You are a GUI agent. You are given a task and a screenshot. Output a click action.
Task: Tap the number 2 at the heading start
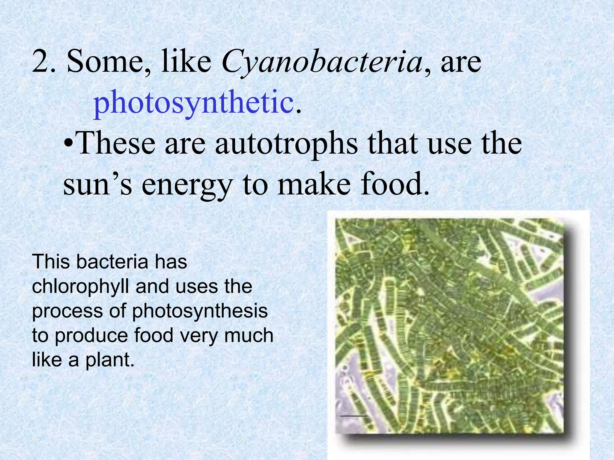point(41,61)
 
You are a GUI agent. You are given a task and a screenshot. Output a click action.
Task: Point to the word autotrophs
point(286,144)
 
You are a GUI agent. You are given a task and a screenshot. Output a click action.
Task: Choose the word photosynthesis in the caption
point(200,311)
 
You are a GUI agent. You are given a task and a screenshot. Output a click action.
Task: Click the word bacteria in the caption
point(112,262)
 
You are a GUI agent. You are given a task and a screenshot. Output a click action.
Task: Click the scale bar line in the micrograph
point(353,416)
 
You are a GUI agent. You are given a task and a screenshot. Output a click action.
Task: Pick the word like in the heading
point(186,61)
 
